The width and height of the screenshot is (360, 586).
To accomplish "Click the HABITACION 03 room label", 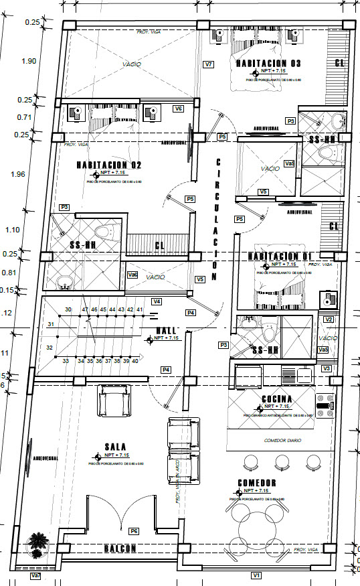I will click(267, 63).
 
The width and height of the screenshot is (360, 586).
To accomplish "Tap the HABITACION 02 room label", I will click(108, 165).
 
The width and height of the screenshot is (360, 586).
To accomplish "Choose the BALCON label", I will click(120, 548).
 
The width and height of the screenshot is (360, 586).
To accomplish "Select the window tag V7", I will click(208, 64).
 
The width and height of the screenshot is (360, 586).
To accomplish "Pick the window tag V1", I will click(256, 575).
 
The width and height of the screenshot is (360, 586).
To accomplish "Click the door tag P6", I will click(134, 531).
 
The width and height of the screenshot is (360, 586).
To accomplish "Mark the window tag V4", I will click(157, 301).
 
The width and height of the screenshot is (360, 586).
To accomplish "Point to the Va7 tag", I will click(36, 575).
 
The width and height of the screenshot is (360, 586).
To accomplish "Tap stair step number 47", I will click(85, 309).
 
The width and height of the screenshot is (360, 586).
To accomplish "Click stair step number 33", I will click(66, 361).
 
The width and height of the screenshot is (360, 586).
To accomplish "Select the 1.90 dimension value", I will click(29, 61).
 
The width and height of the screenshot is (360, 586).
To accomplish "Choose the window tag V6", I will click(178, 108).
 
